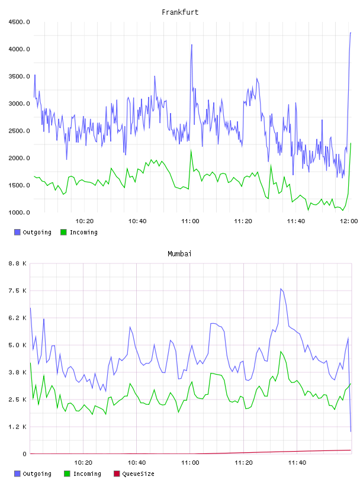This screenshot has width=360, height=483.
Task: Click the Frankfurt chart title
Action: pyautogui.click(x=180, y=12)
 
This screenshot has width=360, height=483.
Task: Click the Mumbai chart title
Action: pyautogui.click(x=179, y=253)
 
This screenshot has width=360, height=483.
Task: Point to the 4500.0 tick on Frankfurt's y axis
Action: pyautogui.click(x=19, y=22)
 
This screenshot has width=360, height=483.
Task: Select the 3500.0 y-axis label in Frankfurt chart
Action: pyautogui.click(x=19, y=76)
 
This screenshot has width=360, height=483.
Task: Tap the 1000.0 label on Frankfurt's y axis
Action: pyautogui.click(x=19, y=212)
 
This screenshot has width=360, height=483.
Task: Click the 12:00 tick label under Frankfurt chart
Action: pyautogui.click(x=349, y=221)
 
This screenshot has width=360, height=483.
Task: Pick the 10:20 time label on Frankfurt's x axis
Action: pyautogui.click(x=85, y=221)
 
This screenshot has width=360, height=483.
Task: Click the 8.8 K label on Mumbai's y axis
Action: pyautogui.click(x=18, y=263)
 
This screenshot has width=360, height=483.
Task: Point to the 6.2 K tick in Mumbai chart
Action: pyautogui.click(x=18, y=318)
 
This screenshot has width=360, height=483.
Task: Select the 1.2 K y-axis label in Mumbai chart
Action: pyautogui.click(x=18, y=427)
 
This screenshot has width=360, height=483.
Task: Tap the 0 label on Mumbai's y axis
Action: pyautogui.click(x=24, y=454)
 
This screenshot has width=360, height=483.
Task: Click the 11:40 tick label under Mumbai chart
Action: pyautogui.click(x=297, y=463)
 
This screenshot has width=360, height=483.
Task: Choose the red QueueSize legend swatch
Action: pyautogui.click(x=117, y=474)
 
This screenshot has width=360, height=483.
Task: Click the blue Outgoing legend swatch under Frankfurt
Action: pyautogui.click(x=17, y=232)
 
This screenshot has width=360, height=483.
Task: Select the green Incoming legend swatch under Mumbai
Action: pyautogui.click(x=67, y=474)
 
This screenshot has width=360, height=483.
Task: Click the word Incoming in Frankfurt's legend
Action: pyautogui.click(x=83, y=232)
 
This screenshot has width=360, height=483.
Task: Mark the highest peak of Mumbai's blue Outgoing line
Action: pyautogui.click(x=281, y=289)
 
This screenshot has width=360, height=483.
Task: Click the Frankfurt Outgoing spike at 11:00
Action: pyautogui.click(x=192, y=44)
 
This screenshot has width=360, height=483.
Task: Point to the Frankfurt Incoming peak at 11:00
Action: pyautogui.click(x=191, y=150)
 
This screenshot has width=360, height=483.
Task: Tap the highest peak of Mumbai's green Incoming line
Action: pyautogui.click(x=281, y=352)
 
